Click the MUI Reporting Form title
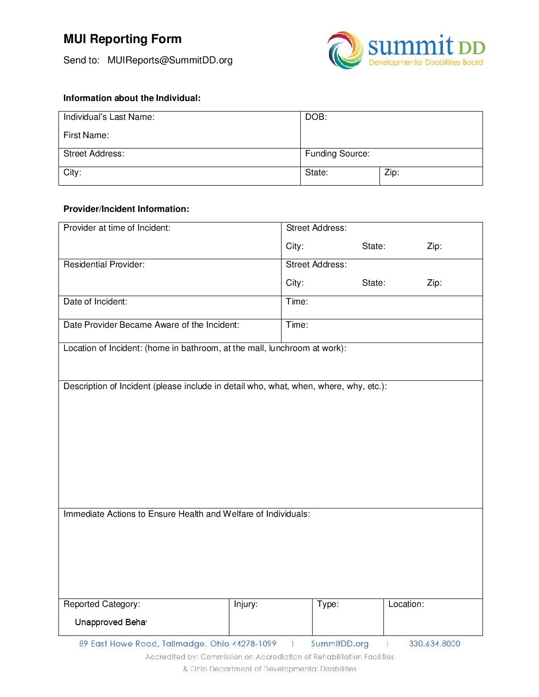coord(122,39)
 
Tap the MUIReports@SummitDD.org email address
coord(170,60)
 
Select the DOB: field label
coord(316,117)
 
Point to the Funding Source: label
coord(337,154)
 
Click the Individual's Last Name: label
coord(109,117)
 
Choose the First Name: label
coord(86,136)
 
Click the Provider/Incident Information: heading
coord(126,209)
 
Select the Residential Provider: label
coord(104,265)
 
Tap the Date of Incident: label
coord(95,302)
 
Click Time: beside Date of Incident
coord(297,302)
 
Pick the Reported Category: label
coord(102,604)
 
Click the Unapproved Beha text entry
coord(110,623)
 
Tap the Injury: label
coord(246,604)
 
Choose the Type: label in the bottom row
coord(328,604)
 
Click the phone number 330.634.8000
coord(434,644)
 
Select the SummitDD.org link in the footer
coord(340,644)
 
